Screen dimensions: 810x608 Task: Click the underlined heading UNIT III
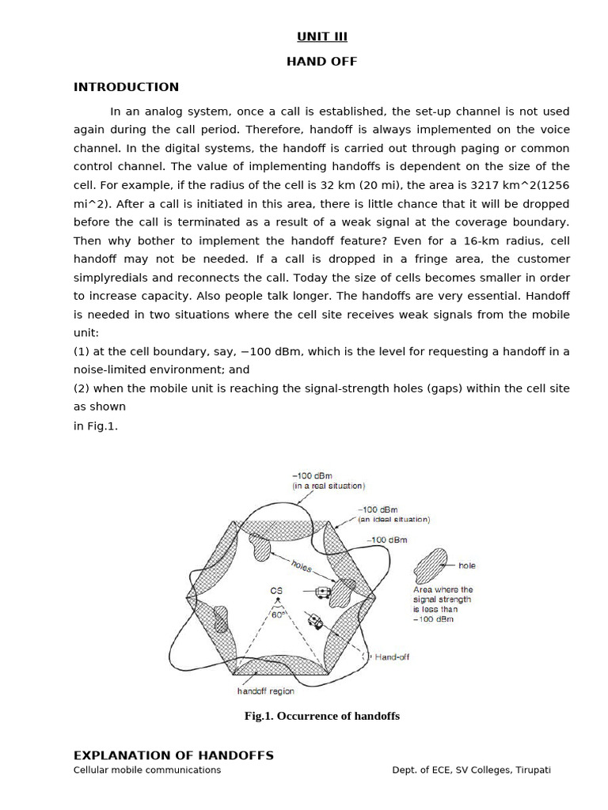click(x=322, y=36)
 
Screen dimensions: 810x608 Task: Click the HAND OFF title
click(x=322, y=62)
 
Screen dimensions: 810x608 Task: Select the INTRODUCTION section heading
click(x=126, y=87)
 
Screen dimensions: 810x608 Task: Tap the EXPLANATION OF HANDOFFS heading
click(x=173, y=755)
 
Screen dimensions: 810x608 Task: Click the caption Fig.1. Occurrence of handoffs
click(x=322, y=716)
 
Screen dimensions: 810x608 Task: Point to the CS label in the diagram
click(x=276, y=591)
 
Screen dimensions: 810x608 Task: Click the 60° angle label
click(x=277, y=614)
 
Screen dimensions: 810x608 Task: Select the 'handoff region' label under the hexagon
click(x=266, y=691)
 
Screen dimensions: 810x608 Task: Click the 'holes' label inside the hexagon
click(x=302, y=566)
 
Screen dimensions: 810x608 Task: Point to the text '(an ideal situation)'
click(x=394, y=520)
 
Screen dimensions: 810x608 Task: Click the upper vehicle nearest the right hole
click(x=321, y=592)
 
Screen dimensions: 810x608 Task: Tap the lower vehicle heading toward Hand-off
click(x=316, y=621)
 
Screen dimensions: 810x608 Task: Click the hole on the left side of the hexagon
click(x=221, y=619)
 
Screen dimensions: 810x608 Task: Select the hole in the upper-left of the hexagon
click(x=260, y=546)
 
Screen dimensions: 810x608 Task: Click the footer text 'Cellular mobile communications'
click(x=147, y=770)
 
